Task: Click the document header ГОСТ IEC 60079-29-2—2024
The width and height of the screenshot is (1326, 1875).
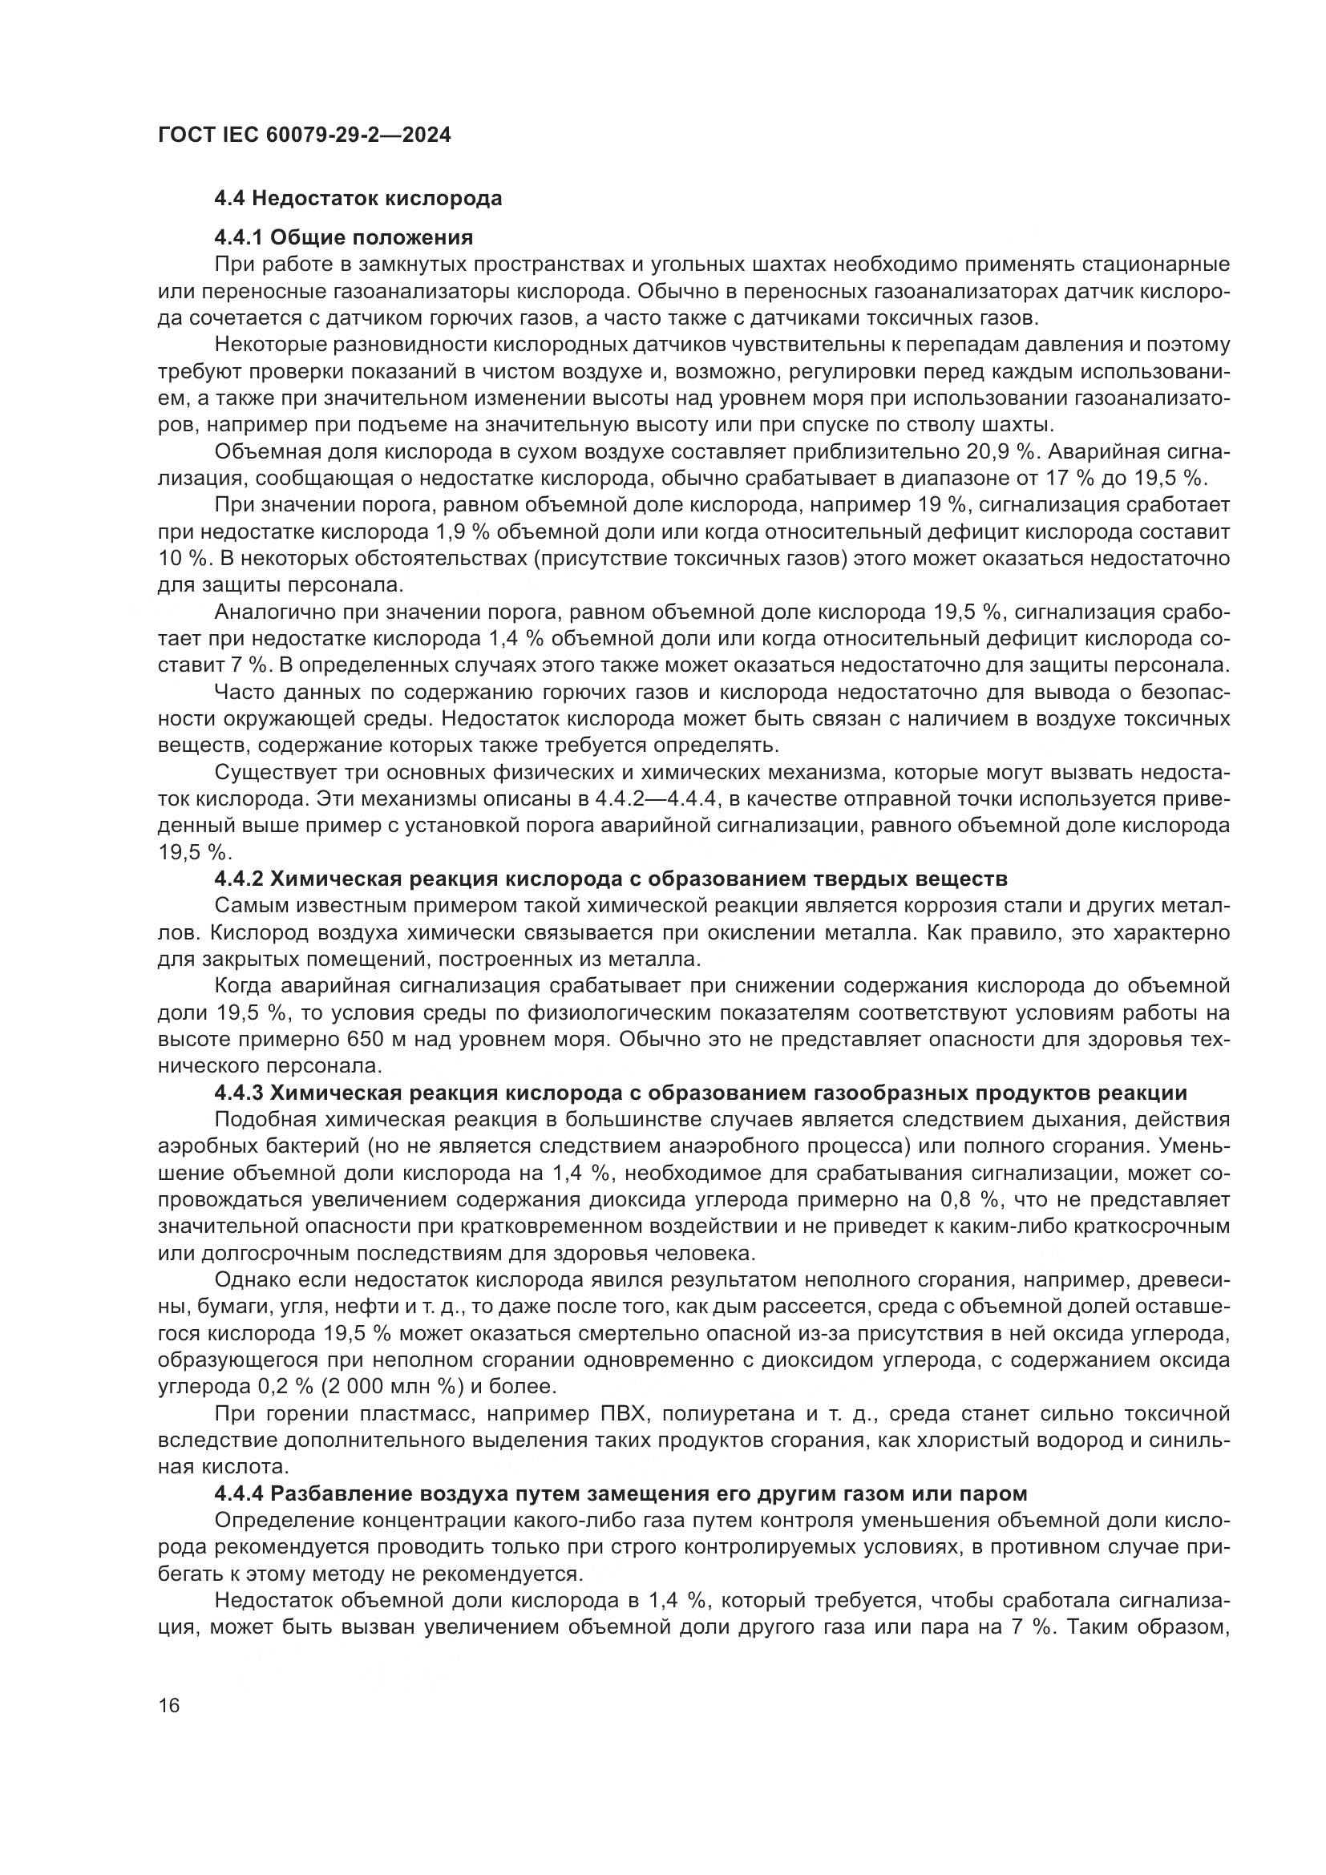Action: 304,135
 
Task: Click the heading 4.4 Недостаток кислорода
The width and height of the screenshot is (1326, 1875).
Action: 358,199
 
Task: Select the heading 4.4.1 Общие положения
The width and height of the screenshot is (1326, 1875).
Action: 343,237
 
